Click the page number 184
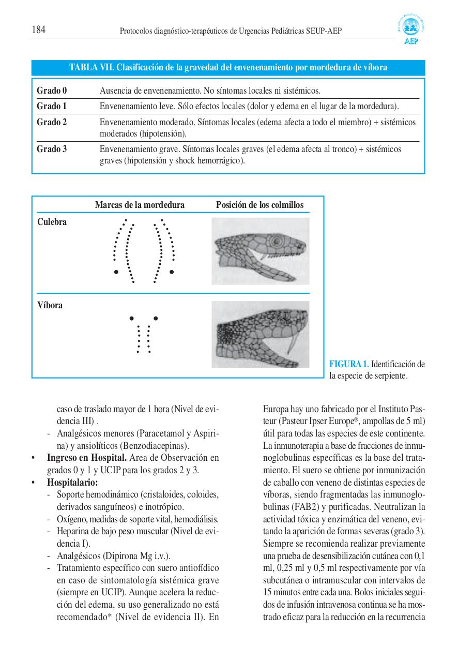pyautogui.click(x=39, y=30)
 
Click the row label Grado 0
pyautogui.click(x=52, y=91)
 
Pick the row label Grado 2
pyautogui.click(x=52, y=123)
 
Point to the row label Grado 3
pyautogui.click(x=52, y=149)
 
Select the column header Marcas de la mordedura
pyautogui.click(x=140, y=205)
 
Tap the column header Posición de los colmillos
pyautogui.click(x=260, y=205)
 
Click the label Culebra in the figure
pyautogui.click(x=52, y=222)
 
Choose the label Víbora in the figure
pyautogui.click(x=50, y=305)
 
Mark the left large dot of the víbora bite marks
pyautogui.click(x=132, y=318)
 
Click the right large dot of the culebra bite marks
pyautogui.click(x=172, y=272)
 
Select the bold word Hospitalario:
pyautogui.click(x=69, y=482)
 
